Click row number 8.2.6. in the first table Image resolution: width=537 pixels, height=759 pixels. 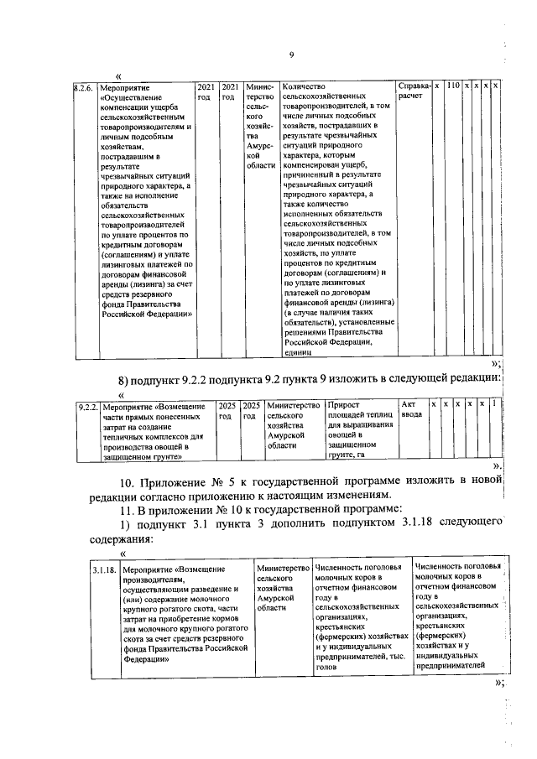point(82,87)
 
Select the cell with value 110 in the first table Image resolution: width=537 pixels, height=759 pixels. point(451,86)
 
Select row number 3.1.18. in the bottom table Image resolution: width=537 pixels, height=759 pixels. point(103,570)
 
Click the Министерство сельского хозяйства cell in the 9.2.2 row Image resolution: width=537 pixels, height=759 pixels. point(292,427)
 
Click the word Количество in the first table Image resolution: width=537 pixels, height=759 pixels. point(304,87)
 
